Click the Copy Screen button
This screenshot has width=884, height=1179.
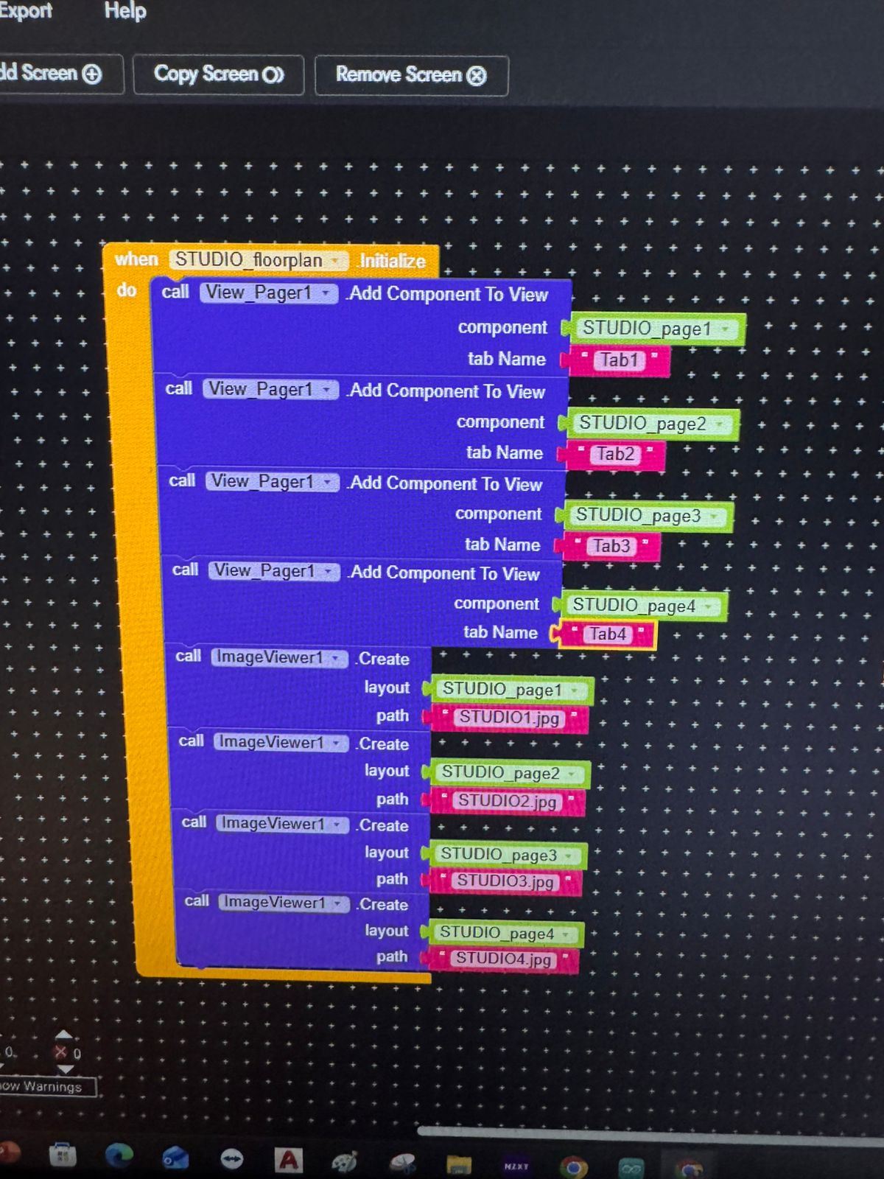pos(218,74)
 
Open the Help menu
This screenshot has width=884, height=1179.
pos(125,11)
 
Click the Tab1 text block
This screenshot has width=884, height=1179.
pos(619,360)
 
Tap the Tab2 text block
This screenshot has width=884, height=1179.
pos(615,454)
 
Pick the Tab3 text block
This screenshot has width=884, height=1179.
pos(611,546)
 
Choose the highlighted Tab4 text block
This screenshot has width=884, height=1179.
pos(607,634)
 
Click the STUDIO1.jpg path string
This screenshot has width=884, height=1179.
pos(509,718)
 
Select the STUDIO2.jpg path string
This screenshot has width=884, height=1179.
pos(507,801)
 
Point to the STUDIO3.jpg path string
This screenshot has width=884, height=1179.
pos(505,881)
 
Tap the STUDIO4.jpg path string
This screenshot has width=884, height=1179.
pos(503,959)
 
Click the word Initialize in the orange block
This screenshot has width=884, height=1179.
pos(393,261)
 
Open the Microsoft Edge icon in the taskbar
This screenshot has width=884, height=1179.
pos(118,1155)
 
